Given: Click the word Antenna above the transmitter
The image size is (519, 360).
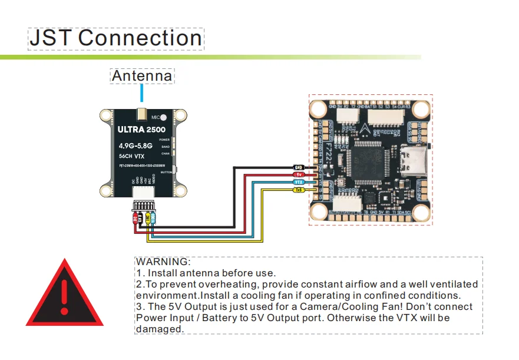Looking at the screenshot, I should point(142,76).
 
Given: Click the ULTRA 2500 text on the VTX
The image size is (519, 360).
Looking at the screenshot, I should point(141,129).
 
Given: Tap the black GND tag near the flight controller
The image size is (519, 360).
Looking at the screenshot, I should point(299,167).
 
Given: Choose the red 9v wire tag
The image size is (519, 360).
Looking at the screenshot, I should point(299,175).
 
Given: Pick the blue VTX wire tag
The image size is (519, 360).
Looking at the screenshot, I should point(299,183).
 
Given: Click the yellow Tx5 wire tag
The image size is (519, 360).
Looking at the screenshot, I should point(299,190).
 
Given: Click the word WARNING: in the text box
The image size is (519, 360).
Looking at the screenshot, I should point(163,262).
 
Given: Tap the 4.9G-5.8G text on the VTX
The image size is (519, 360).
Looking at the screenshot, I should point(136,145).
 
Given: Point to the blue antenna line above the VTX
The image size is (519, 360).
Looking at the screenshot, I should point(141,94).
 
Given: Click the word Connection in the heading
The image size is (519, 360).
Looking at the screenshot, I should point(140,38).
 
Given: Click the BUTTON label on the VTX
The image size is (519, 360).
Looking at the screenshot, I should point(166,172).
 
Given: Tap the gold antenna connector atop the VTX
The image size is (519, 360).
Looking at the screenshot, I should point(141,114).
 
